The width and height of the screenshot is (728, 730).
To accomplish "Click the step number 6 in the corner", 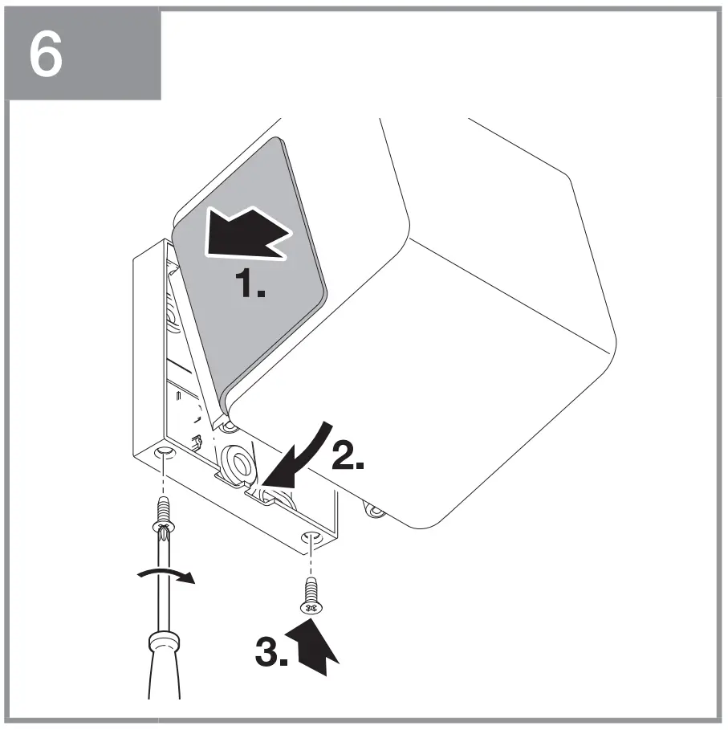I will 46,55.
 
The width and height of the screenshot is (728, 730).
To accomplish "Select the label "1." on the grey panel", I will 250,285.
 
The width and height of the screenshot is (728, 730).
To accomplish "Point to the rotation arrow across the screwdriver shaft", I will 166,577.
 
